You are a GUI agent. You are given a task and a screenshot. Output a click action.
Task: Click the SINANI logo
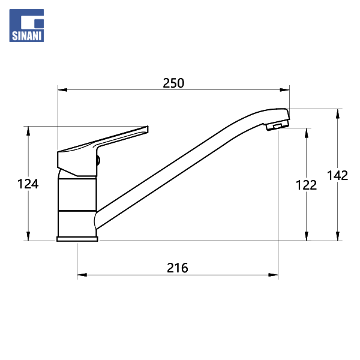[x=26, y=25]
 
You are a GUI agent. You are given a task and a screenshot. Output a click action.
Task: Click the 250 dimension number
[x=173, y=83]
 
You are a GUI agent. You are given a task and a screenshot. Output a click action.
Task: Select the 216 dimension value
[x=177, y=268]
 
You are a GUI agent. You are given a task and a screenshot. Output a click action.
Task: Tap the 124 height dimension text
[x=28, y=184]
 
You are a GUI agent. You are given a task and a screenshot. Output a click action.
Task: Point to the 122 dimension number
[x=306, y=185]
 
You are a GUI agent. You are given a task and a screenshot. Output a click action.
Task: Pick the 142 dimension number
[x=337, y=176]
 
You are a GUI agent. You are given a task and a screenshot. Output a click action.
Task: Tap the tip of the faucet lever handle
[x=148, y=129]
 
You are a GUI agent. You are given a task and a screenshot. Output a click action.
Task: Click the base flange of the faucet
[x=77, y=239]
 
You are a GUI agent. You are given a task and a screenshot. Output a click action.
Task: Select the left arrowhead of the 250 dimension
[x=62, y=90]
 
